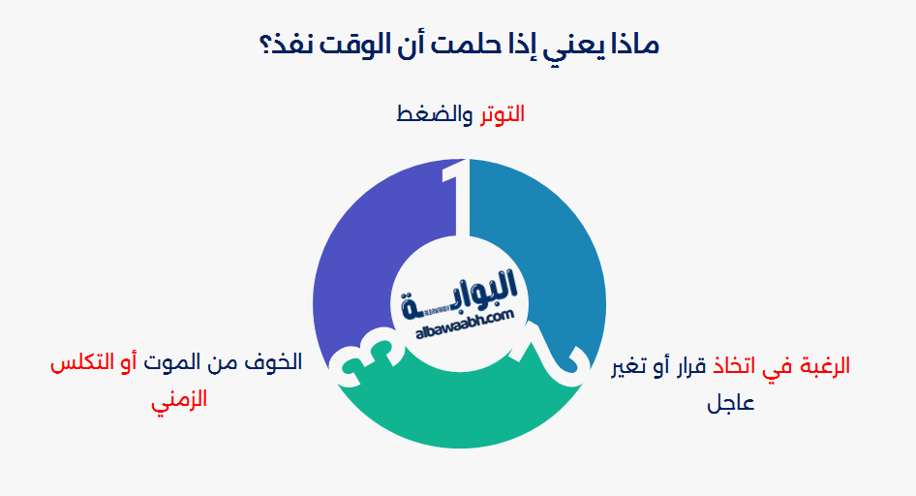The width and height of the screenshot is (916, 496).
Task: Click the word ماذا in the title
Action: coord(630,45)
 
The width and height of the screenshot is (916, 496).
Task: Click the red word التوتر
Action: coord(501,113)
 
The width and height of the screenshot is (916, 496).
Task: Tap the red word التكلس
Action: coord(79,363)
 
